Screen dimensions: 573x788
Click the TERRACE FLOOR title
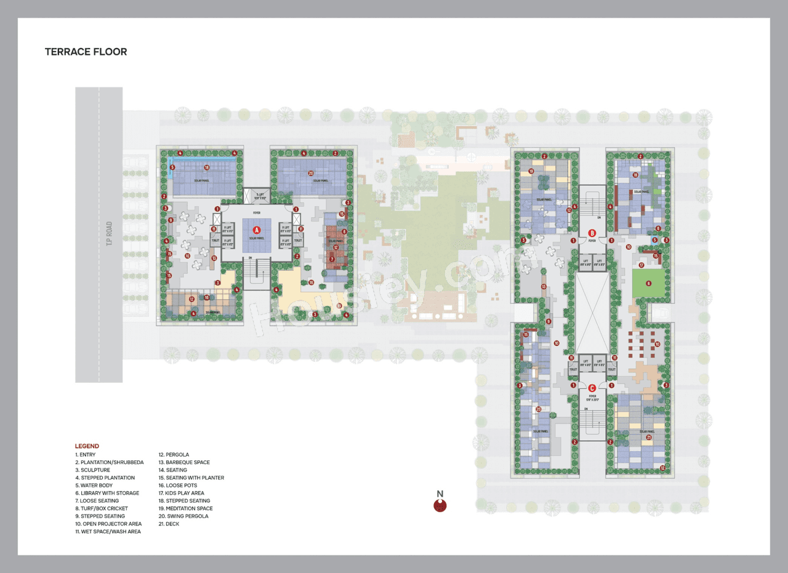[86, 52]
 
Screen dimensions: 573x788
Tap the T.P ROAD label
[109, 234]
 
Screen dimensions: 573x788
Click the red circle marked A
[257, 230]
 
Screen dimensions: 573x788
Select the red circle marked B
[592, 233]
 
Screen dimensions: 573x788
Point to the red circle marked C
[592, 388]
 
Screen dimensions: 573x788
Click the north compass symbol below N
[440, 506]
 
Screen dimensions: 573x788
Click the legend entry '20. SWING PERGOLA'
[183, 516]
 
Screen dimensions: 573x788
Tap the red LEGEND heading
[87, 446]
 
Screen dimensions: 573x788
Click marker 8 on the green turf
[648, 283]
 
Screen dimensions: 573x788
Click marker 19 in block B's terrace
[531, 171]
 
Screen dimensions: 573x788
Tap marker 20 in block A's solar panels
[311, 173]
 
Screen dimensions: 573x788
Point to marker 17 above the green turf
[641, 265]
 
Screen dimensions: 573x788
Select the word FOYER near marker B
[592, 241]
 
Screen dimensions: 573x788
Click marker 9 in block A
[171, 220]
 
